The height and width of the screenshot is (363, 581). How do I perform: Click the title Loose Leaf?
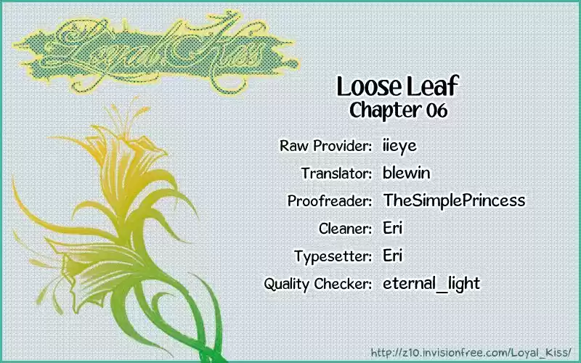tap(397, 86)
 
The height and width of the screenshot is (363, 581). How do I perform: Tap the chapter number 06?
tap(436, 110)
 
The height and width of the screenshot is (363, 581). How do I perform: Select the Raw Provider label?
tap(325, 146)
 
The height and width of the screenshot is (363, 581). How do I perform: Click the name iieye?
tap(399, 146)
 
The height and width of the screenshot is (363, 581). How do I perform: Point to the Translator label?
tap(336, 173)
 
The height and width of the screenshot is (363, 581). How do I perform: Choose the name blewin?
tap(407, 173)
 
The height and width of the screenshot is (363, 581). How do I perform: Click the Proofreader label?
tap(330, 201)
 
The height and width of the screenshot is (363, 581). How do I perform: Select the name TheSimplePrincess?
tap(455, 200)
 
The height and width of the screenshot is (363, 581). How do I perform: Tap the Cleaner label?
tap(345, 228)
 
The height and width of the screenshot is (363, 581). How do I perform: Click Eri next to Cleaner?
tap(393, 228)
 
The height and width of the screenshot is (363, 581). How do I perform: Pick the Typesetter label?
tap(333, 256)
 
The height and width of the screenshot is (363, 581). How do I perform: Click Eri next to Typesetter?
tap(393, 256)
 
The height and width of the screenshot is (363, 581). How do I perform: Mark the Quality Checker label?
tap(317, 284)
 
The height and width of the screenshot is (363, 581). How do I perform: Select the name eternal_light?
tap(431, 284)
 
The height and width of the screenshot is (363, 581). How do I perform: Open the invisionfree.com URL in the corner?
tap(471, 352)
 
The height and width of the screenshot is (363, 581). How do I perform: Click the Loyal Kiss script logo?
tap(155, 52)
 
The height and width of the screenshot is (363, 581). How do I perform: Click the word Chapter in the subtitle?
tap(386, 110)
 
